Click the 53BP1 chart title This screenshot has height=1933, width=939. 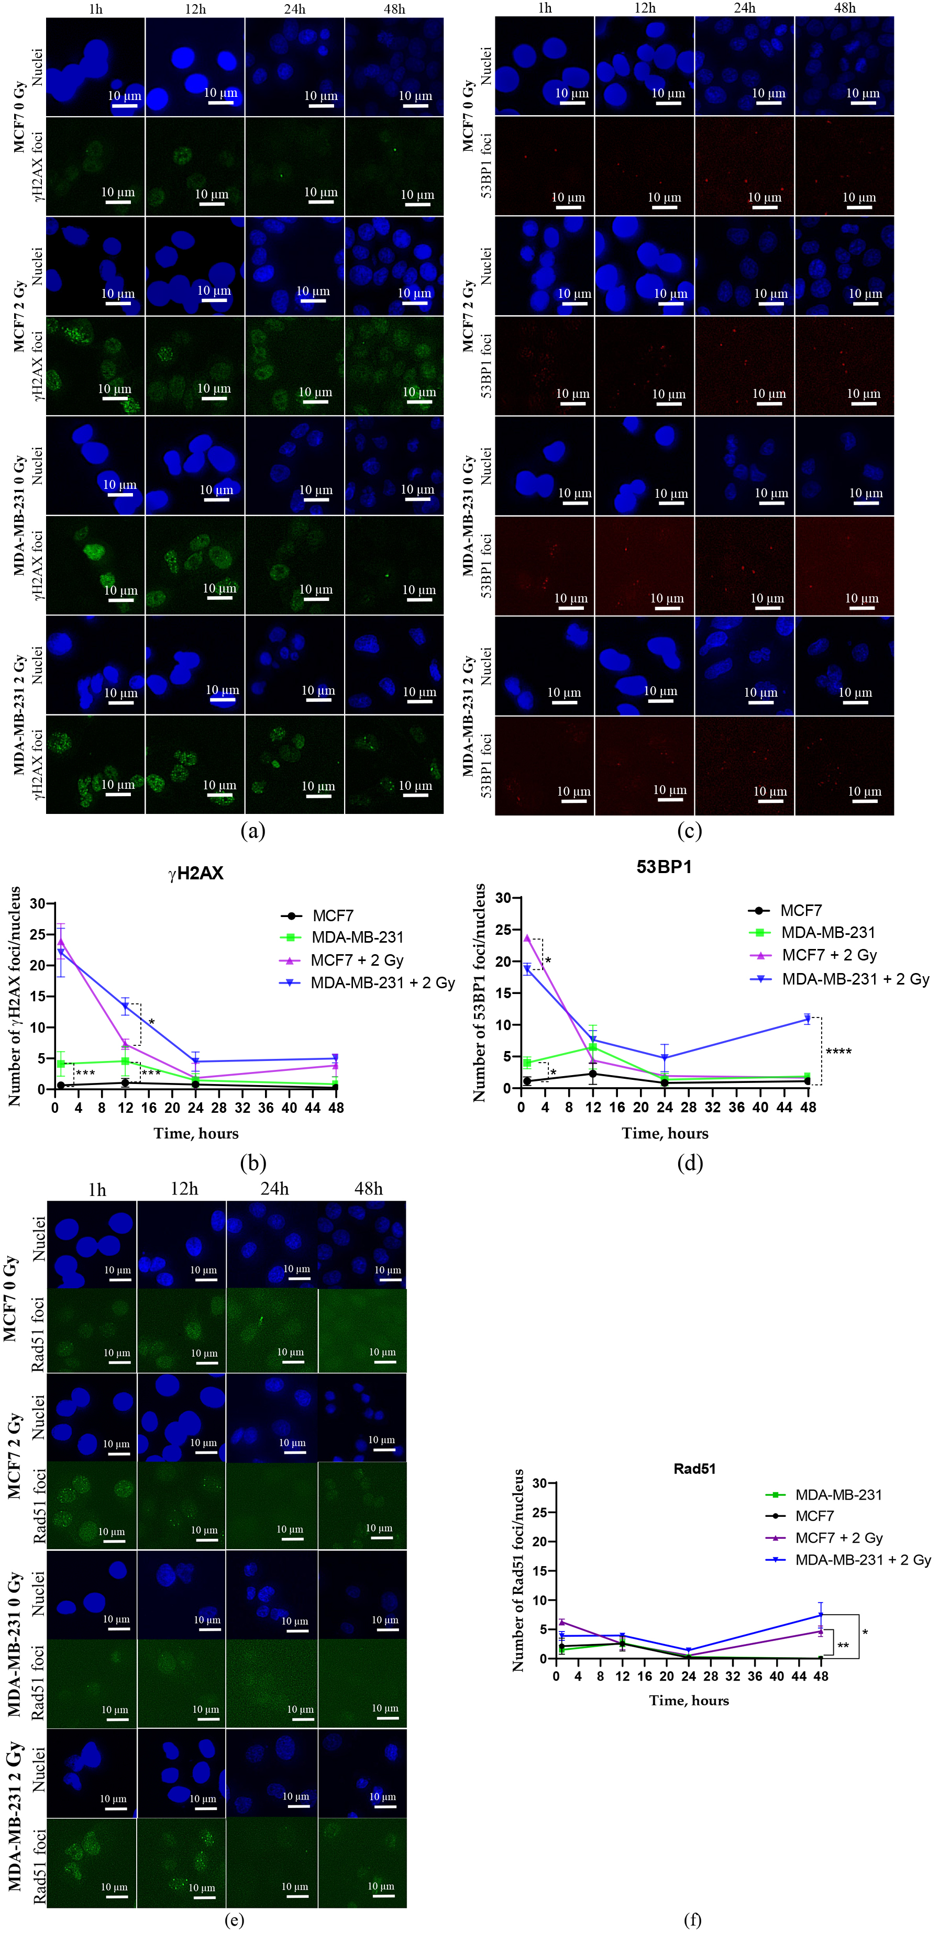(664, 867)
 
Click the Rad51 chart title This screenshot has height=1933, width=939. (694, 1469)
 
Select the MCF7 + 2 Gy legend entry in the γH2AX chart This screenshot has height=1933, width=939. (357, 960)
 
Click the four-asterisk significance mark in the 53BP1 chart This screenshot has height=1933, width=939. (838, 1051)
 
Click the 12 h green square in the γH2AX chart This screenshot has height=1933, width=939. (125, 1061)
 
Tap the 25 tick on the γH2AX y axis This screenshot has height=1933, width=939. (37, 935)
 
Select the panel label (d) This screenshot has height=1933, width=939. (690, 1163)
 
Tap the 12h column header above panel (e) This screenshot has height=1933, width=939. (184, 1189)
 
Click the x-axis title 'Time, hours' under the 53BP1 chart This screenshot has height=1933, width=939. (664, 1133)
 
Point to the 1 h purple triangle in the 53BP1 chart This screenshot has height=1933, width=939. (527, 938)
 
